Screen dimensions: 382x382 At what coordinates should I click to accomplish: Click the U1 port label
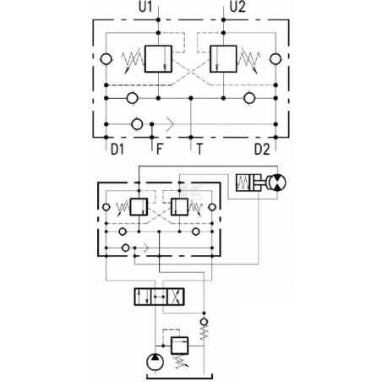coord(145,7)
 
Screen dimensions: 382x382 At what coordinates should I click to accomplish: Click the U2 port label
coord(237,7)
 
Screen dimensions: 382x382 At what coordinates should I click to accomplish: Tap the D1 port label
coord(117,149)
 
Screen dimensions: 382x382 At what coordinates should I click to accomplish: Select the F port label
coord(160,149)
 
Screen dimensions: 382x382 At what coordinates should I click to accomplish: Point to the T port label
coord(199,149)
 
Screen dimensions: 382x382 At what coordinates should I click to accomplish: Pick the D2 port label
coord(262,149)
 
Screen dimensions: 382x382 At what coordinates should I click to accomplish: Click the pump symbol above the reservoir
coord(155,362)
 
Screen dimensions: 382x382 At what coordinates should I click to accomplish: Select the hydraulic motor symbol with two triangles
coord(277,183)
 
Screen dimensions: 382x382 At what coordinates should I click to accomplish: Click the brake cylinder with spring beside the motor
coord(249,183)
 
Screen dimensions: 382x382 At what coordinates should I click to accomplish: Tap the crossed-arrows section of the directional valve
coord(176,297)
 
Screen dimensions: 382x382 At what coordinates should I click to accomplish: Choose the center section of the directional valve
coord(159,297)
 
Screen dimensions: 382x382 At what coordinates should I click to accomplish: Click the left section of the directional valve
coord(143,297)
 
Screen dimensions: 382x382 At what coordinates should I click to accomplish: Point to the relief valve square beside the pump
coord(179,346)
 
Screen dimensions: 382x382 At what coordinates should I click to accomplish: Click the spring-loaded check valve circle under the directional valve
coord(204,321)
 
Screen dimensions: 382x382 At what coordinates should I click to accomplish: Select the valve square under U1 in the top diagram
coord(158,59)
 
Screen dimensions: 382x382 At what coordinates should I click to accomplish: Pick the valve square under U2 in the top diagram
coord(223,59)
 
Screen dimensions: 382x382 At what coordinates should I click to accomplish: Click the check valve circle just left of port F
coord(137,124)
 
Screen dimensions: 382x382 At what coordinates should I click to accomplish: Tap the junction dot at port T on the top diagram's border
coord(191,137)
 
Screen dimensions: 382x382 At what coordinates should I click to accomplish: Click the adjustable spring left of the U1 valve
coord(132,60)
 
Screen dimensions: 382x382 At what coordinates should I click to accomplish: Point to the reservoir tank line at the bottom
coord(179,378)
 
